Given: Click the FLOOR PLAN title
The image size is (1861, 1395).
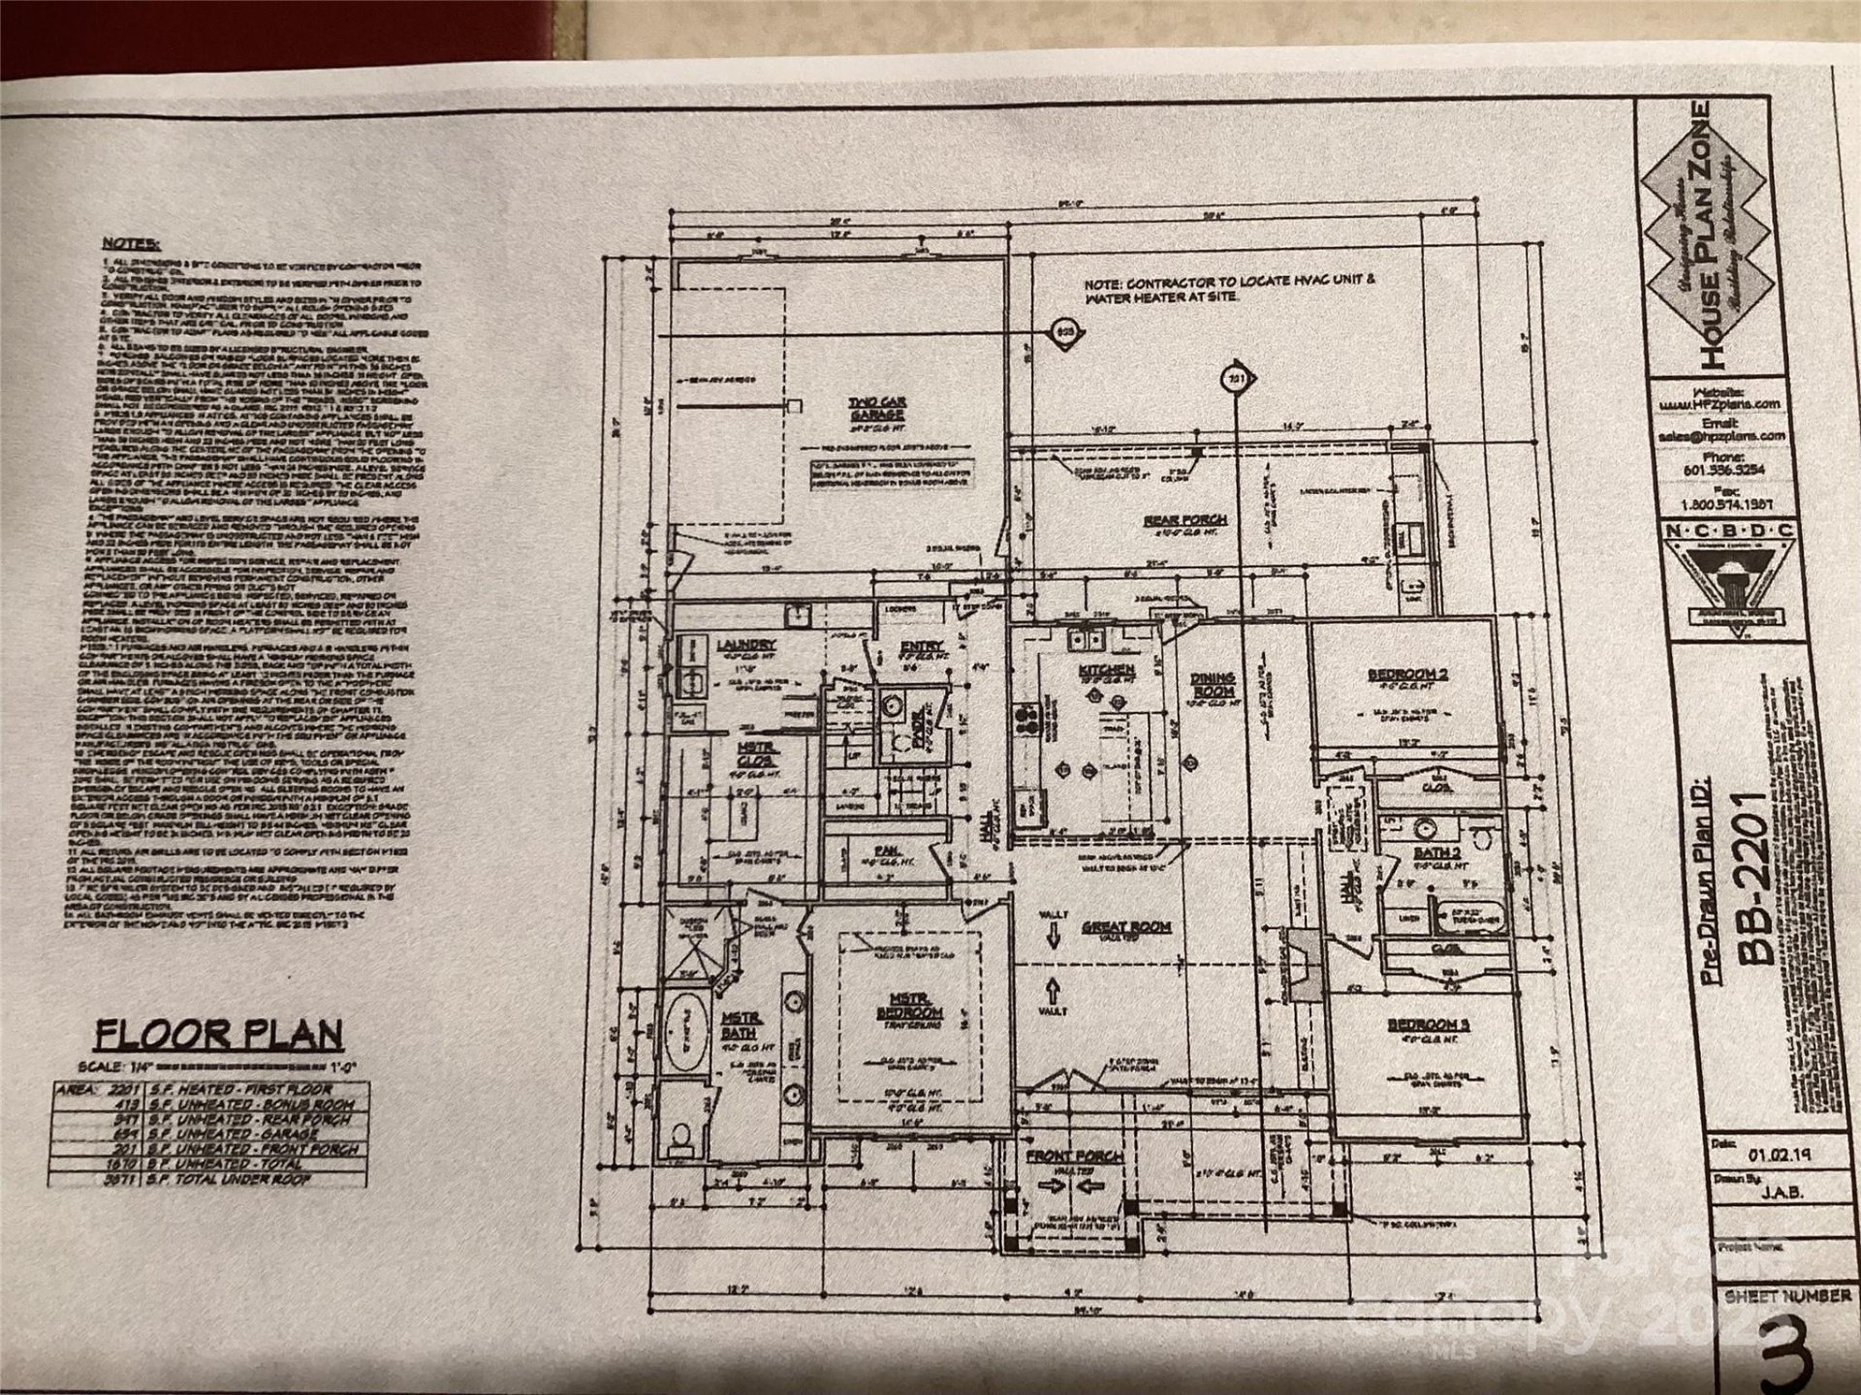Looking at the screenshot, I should tap(218, 1035).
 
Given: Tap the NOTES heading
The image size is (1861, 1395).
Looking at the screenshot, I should tap(132, 244).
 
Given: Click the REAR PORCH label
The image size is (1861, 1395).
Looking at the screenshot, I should tap(1184, 521).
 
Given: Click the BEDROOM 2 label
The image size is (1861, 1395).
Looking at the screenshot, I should tap(1407, 674).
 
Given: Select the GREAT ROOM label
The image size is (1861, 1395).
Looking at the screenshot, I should tap(1125, 927).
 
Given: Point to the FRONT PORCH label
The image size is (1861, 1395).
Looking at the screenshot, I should tap(1075, 1157).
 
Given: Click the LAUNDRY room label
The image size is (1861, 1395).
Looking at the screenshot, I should tap(745, 645).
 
